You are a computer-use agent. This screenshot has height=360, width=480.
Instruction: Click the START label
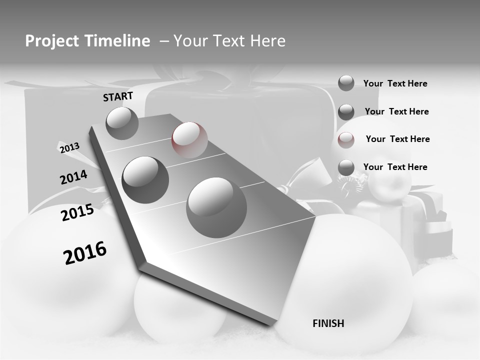pyautogui.click(x=118, y=96)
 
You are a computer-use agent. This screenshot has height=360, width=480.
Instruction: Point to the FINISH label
pyautogui.click(x=328, y=323)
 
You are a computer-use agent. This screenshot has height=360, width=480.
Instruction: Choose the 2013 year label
pyautogui.click(x=69, y=147)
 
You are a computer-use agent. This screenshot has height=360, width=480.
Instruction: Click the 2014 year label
pyautogui.click(x=73, y=177)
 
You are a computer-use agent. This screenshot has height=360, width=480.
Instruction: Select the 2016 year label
pyautogui.click(x=85, y=252)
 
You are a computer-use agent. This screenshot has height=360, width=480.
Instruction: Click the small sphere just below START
pyautogui.click(x=122, y=123)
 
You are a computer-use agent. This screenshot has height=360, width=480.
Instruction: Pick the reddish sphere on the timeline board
pyautogui.click(x=189, y=139)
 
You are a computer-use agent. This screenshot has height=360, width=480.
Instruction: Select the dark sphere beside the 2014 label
pyautogui.click(x=145, y=179)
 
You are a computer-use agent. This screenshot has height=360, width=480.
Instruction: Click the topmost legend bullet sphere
pyautogui.click(x=346, y=83)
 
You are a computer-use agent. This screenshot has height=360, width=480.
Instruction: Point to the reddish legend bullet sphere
pyautogui.click(x=346, y=139)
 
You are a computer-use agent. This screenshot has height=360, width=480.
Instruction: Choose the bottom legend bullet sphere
pyautogui.click(x=346, y=168)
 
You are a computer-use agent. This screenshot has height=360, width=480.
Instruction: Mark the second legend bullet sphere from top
pyautogui.click(x=346, y=112)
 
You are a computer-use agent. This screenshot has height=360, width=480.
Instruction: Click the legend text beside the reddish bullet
pyautogui.click(x=397, y=139)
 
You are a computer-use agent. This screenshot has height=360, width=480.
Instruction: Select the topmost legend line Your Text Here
pyautogui.click(x=395, y=83)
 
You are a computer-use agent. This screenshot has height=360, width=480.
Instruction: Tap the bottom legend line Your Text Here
pyautogui.click(x=395, y=167)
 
